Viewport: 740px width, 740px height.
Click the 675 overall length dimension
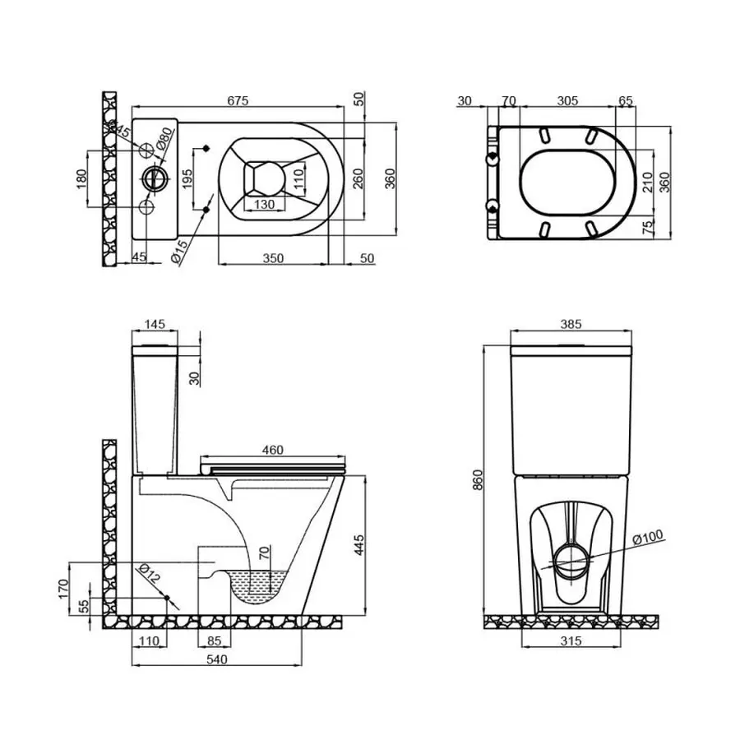tap(238, 100)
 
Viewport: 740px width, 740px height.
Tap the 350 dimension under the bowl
tap(273, 258)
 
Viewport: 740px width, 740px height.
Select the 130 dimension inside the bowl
tap(264, 204)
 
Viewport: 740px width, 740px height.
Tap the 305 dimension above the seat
tap(567, 101)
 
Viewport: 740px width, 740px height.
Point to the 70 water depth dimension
tap(263, 553)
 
